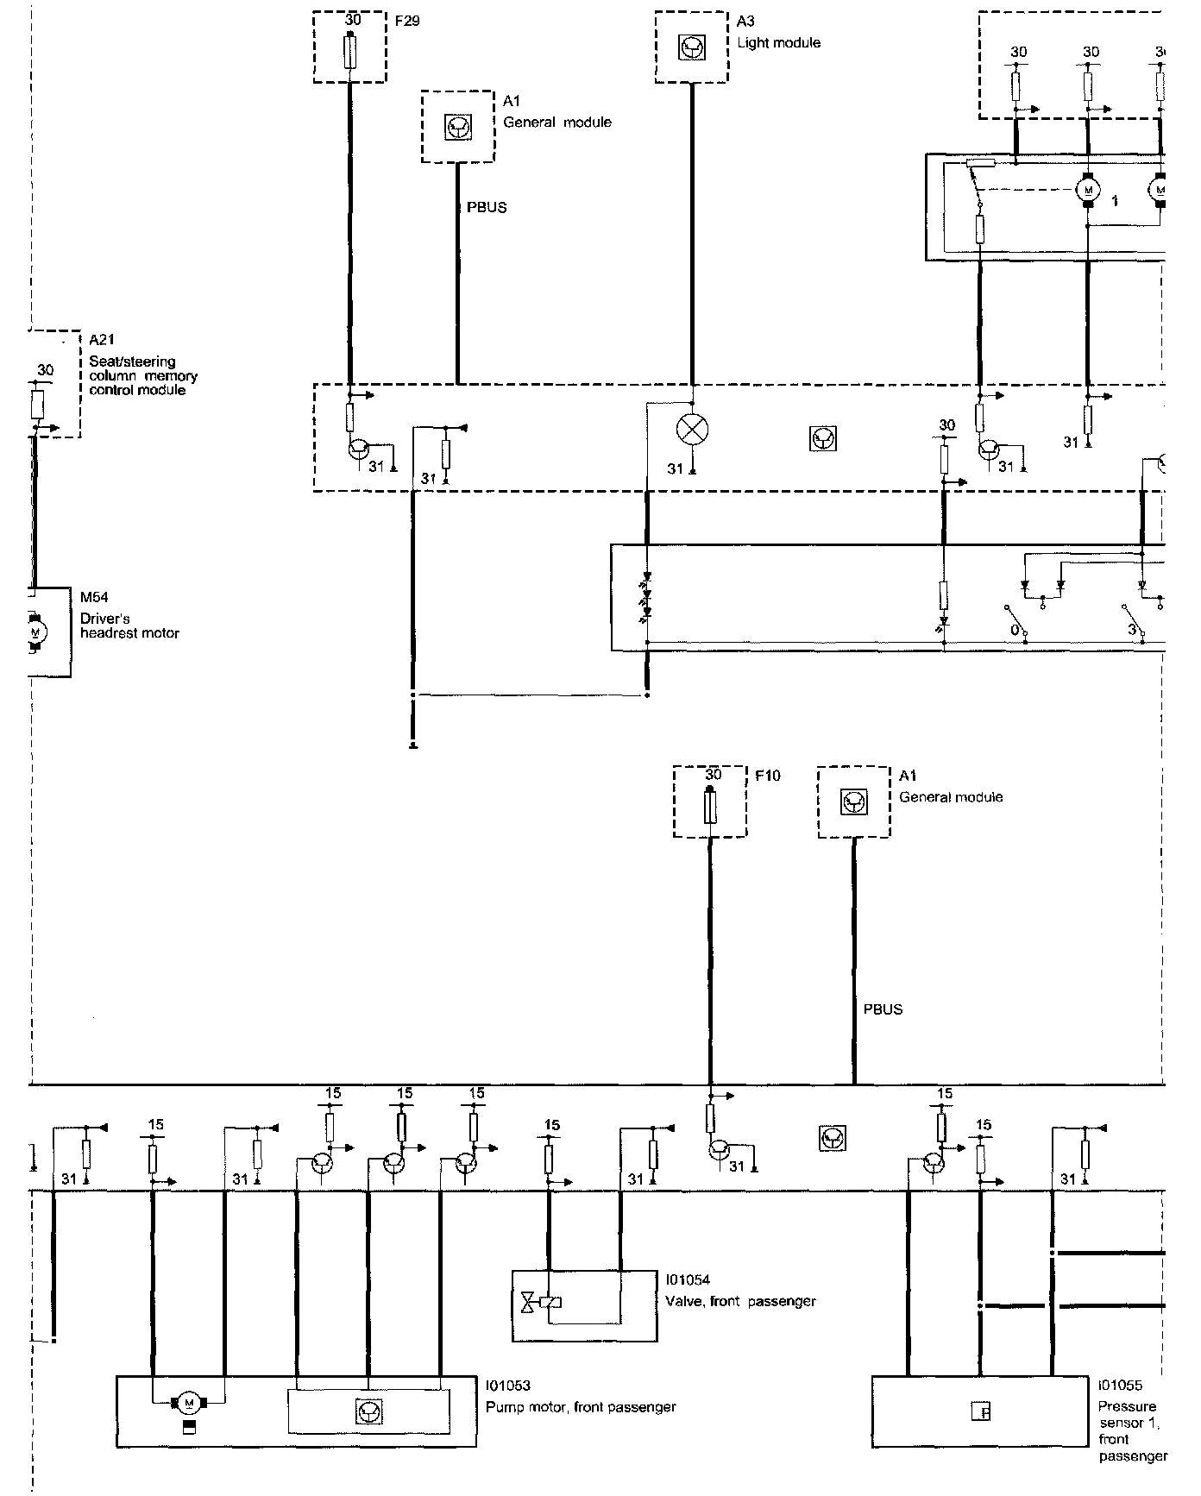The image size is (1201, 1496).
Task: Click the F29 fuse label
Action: click(x=406, y=21)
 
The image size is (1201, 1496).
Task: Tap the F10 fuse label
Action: click(x=767, y=776)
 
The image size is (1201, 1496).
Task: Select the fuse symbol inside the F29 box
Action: click(x=349, y=51)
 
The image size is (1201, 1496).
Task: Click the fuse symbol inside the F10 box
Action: click(x=710, y=806)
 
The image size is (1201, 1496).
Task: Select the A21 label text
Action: click(x=102, y=339)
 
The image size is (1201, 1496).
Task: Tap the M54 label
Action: click(x=94, y=597)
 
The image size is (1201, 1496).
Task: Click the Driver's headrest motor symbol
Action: click(x=35, y=632)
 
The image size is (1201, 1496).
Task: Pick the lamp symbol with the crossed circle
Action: click(x=692, y=430)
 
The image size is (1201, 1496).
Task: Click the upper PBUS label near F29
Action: click(x=487, y=208)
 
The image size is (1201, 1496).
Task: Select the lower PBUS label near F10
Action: click(x=883, y=1009)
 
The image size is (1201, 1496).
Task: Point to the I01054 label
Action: click(x=688, y=1280)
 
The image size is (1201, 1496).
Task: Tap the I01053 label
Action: click(x=508, y=1386)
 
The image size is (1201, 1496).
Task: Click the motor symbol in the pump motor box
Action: click(x=188, y=1402)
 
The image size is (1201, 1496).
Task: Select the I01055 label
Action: click(x=1120, y=1386)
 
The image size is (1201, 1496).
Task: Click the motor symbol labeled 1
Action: click(x=1087, y=189)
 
